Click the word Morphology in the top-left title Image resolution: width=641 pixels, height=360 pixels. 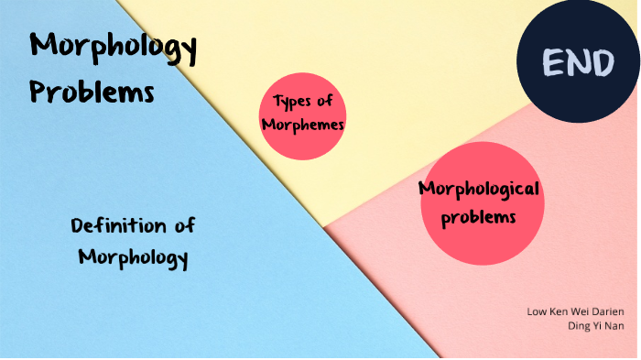113,49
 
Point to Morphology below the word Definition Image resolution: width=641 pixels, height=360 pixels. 133,257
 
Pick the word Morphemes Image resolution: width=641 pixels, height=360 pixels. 302,125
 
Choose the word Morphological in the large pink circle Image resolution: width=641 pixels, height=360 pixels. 479,190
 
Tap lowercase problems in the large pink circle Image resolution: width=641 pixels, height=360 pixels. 478,218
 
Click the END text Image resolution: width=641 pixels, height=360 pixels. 577,63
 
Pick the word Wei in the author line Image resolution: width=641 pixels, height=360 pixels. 579,311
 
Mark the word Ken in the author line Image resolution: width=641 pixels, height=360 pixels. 558,311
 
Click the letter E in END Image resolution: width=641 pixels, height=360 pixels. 552,63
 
